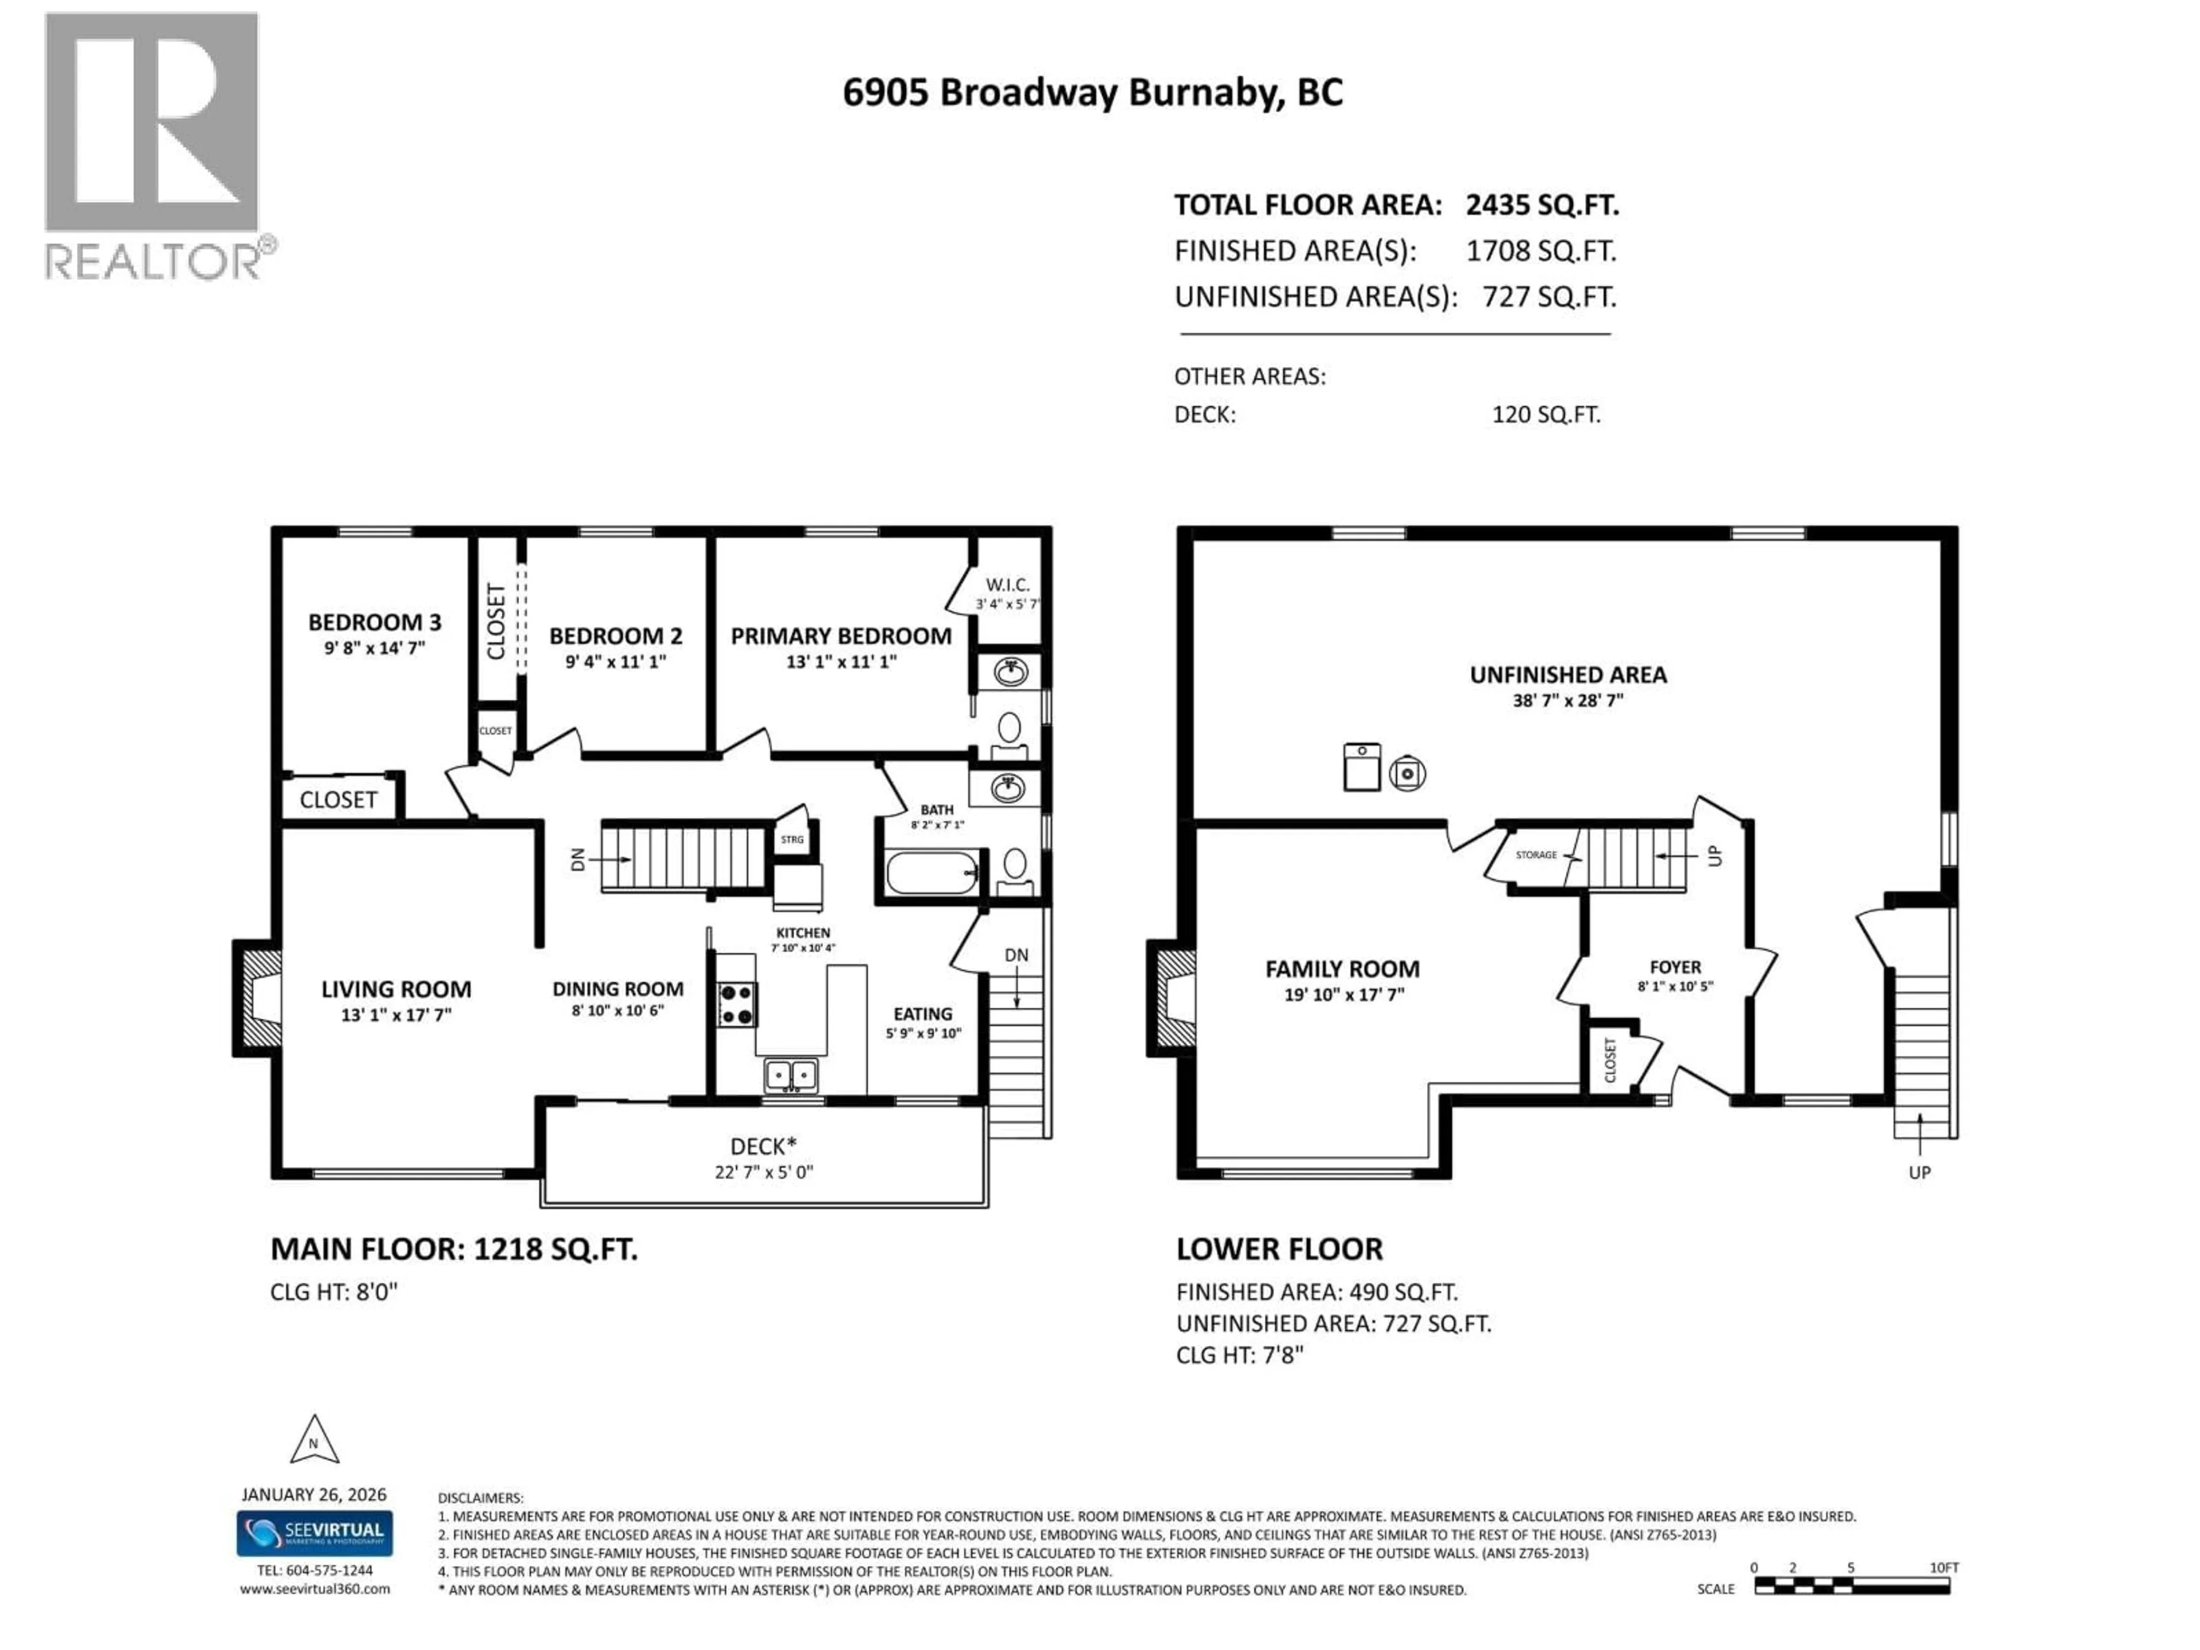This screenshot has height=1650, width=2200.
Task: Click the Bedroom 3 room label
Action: point(374,623)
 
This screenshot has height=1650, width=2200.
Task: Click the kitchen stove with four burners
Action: point(737,1004)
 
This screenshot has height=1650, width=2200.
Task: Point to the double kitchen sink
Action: point(791,1075)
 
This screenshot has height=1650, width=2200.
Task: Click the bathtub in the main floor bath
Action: point(931,873)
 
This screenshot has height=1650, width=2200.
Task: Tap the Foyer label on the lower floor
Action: point(1675,967)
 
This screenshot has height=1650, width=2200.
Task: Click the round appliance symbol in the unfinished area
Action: point(1407,773)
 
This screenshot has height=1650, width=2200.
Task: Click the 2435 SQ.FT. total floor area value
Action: point(1542,205)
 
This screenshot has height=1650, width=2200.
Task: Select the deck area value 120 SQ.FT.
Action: point(1546,415)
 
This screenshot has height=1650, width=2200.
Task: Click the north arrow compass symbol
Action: point(315,1441)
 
